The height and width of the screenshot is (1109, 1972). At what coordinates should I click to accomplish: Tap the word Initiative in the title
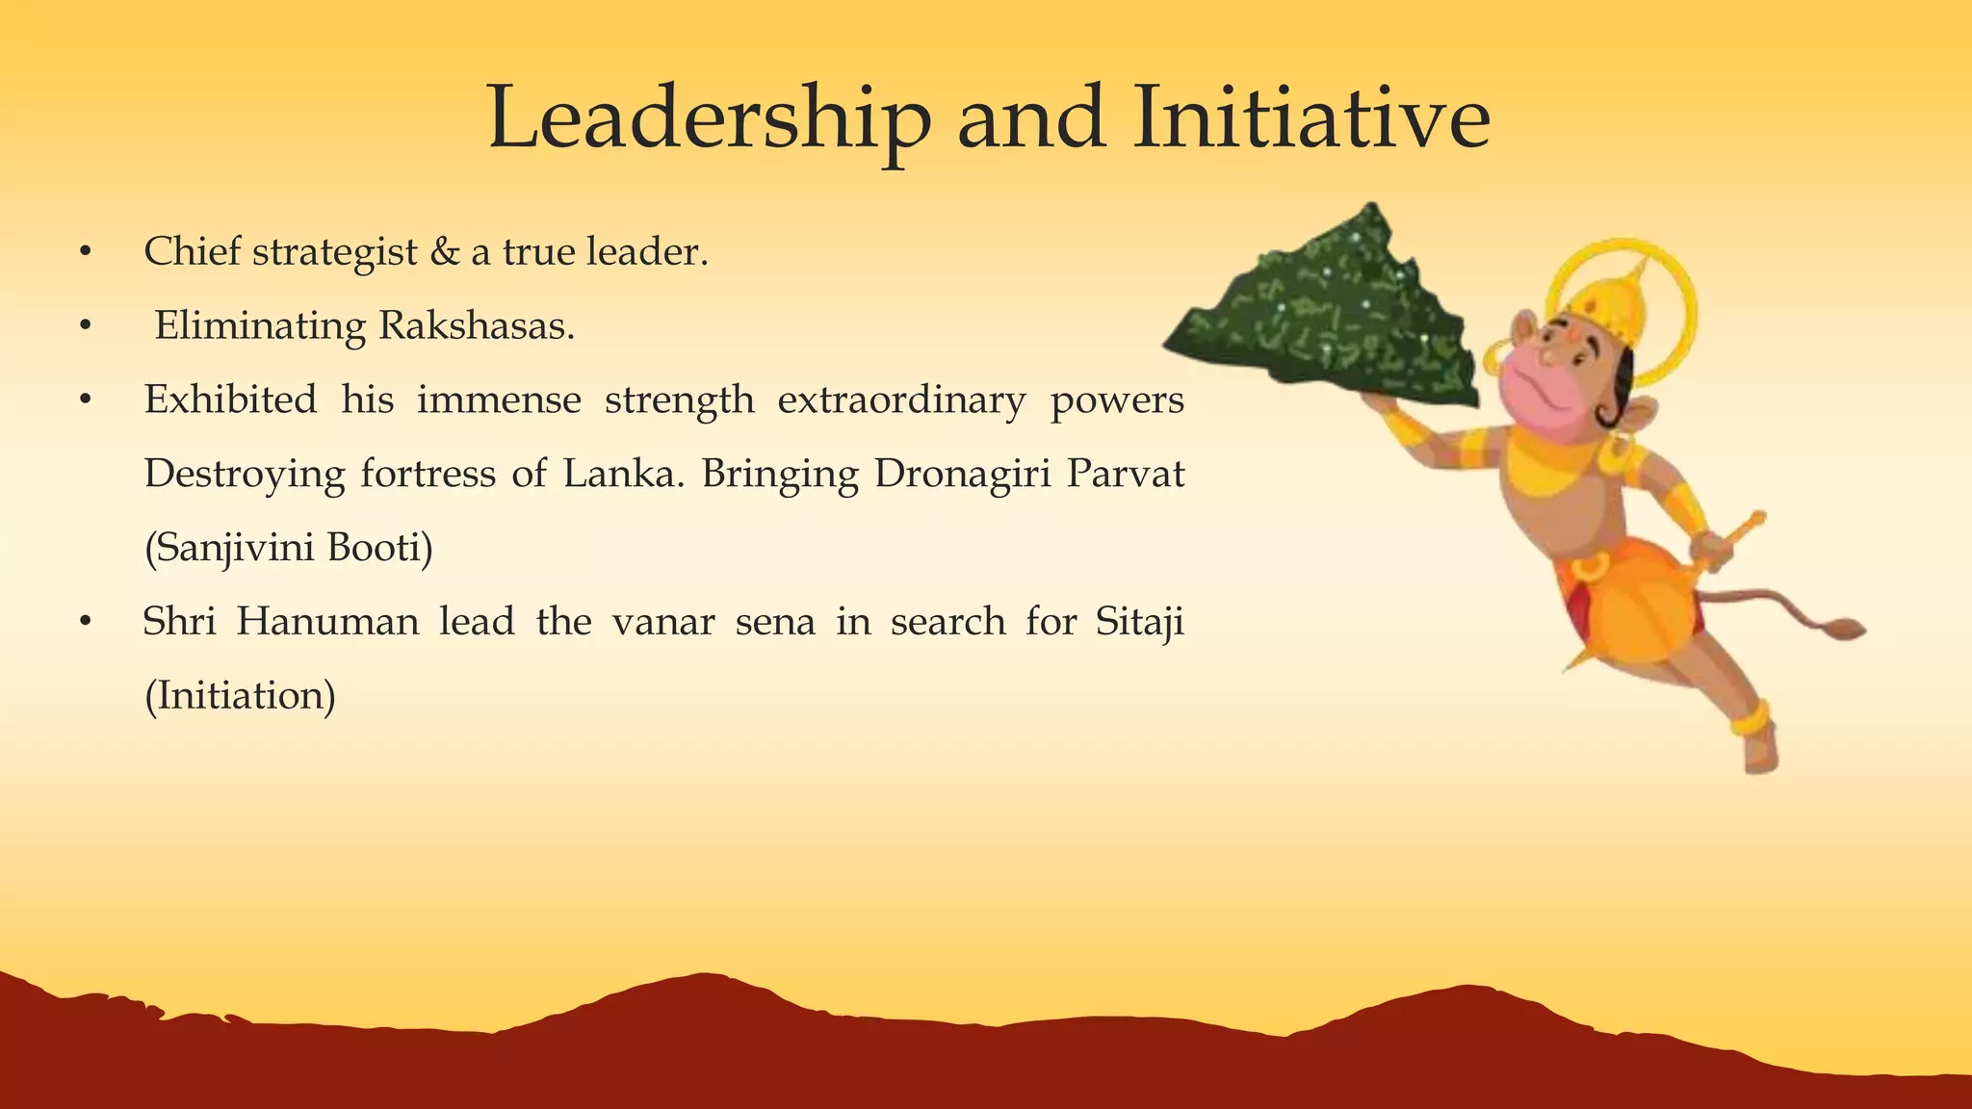(x=1311, y=119)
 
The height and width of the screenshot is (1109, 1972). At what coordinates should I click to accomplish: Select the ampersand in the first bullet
(x=445, y=252)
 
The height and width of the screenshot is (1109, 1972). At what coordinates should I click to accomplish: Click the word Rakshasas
(x=477, y=326)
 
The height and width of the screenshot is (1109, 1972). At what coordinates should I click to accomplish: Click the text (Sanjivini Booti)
(x=289, y=548)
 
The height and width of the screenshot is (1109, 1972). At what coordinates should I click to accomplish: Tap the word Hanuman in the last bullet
(x=327, y=622)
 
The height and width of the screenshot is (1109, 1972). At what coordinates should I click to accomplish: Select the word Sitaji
(x=1139, y=622)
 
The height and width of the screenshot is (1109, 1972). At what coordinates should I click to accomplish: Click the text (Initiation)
(x=240, y=696)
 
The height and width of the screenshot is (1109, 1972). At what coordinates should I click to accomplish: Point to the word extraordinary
(x=901, y=400)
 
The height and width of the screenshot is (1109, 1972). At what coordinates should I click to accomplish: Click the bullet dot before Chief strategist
(x=86, y=253)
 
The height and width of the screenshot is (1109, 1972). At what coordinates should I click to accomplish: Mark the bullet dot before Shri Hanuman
(x=86, y=624)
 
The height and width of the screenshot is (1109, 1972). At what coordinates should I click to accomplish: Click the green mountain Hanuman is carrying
(x=1329, y=308)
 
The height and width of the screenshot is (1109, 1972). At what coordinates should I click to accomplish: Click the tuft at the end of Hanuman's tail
(x=1844, y=630)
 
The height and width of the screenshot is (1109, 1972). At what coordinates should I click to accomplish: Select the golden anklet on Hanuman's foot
(x=1751, y=720)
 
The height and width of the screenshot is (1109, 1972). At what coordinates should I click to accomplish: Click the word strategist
(x=335, y=252)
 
